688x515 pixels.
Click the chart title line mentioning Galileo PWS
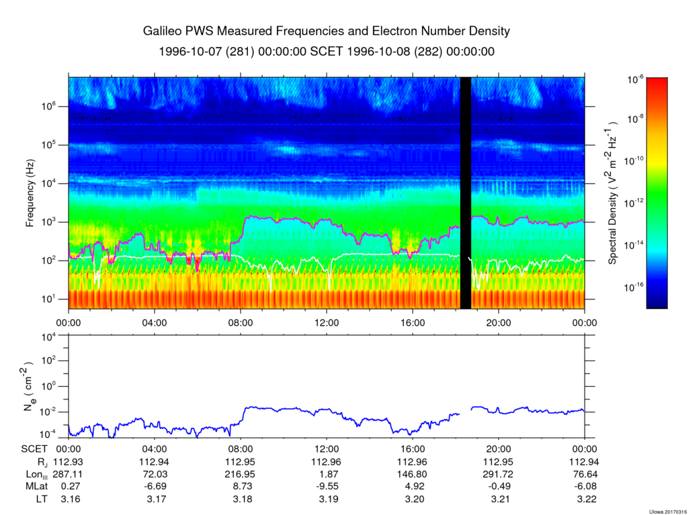pyautogui.click(x=327, y=32)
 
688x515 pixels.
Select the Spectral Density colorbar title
pyautogui.click(x=613, y=193)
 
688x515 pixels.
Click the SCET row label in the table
pyautogui.click(x=34, y=449)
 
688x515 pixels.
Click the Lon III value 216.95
pyautogui.click(x=241, y=474)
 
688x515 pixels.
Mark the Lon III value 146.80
pyautogui.click(x=413, y=474)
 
